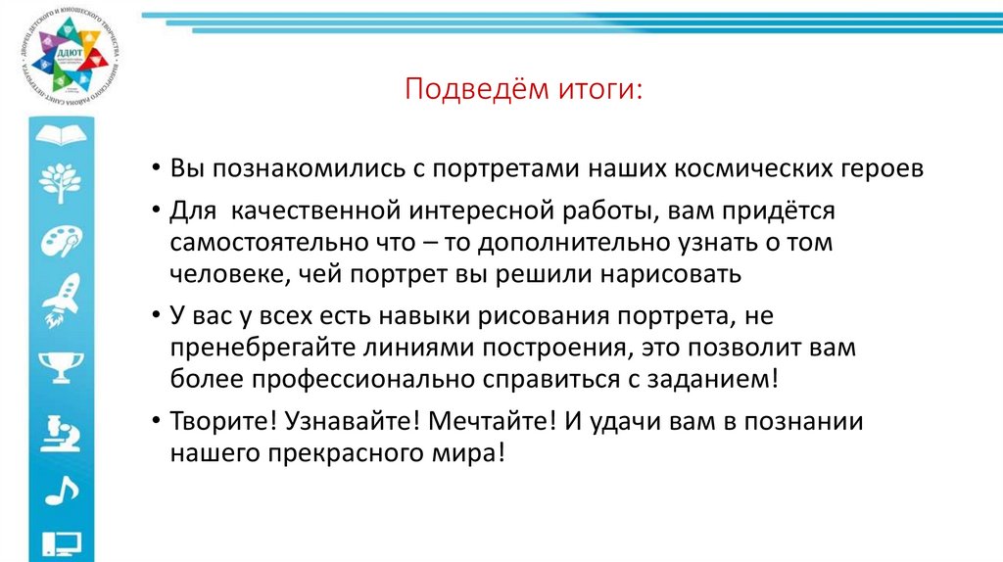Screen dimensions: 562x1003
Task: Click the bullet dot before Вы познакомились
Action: click(x=157, y=168)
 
